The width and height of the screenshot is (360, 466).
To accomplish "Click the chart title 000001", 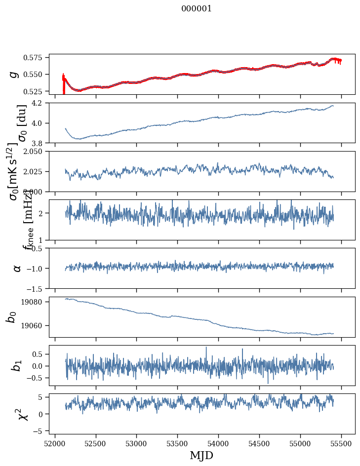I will coord(197,8).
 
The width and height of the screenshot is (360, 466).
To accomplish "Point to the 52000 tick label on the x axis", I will coord(55,443).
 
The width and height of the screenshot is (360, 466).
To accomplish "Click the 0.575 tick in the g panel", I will coord(37,57).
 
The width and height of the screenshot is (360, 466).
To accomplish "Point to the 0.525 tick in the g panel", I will coord(37,91).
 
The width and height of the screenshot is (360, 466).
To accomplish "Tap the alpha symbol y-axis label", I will coord(17,268).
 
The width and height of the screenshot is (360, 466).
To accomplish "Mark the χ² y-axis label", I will coord(23,414).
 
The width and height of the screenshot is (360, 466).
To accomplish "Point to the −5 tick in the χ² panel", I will coord(40,430).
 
